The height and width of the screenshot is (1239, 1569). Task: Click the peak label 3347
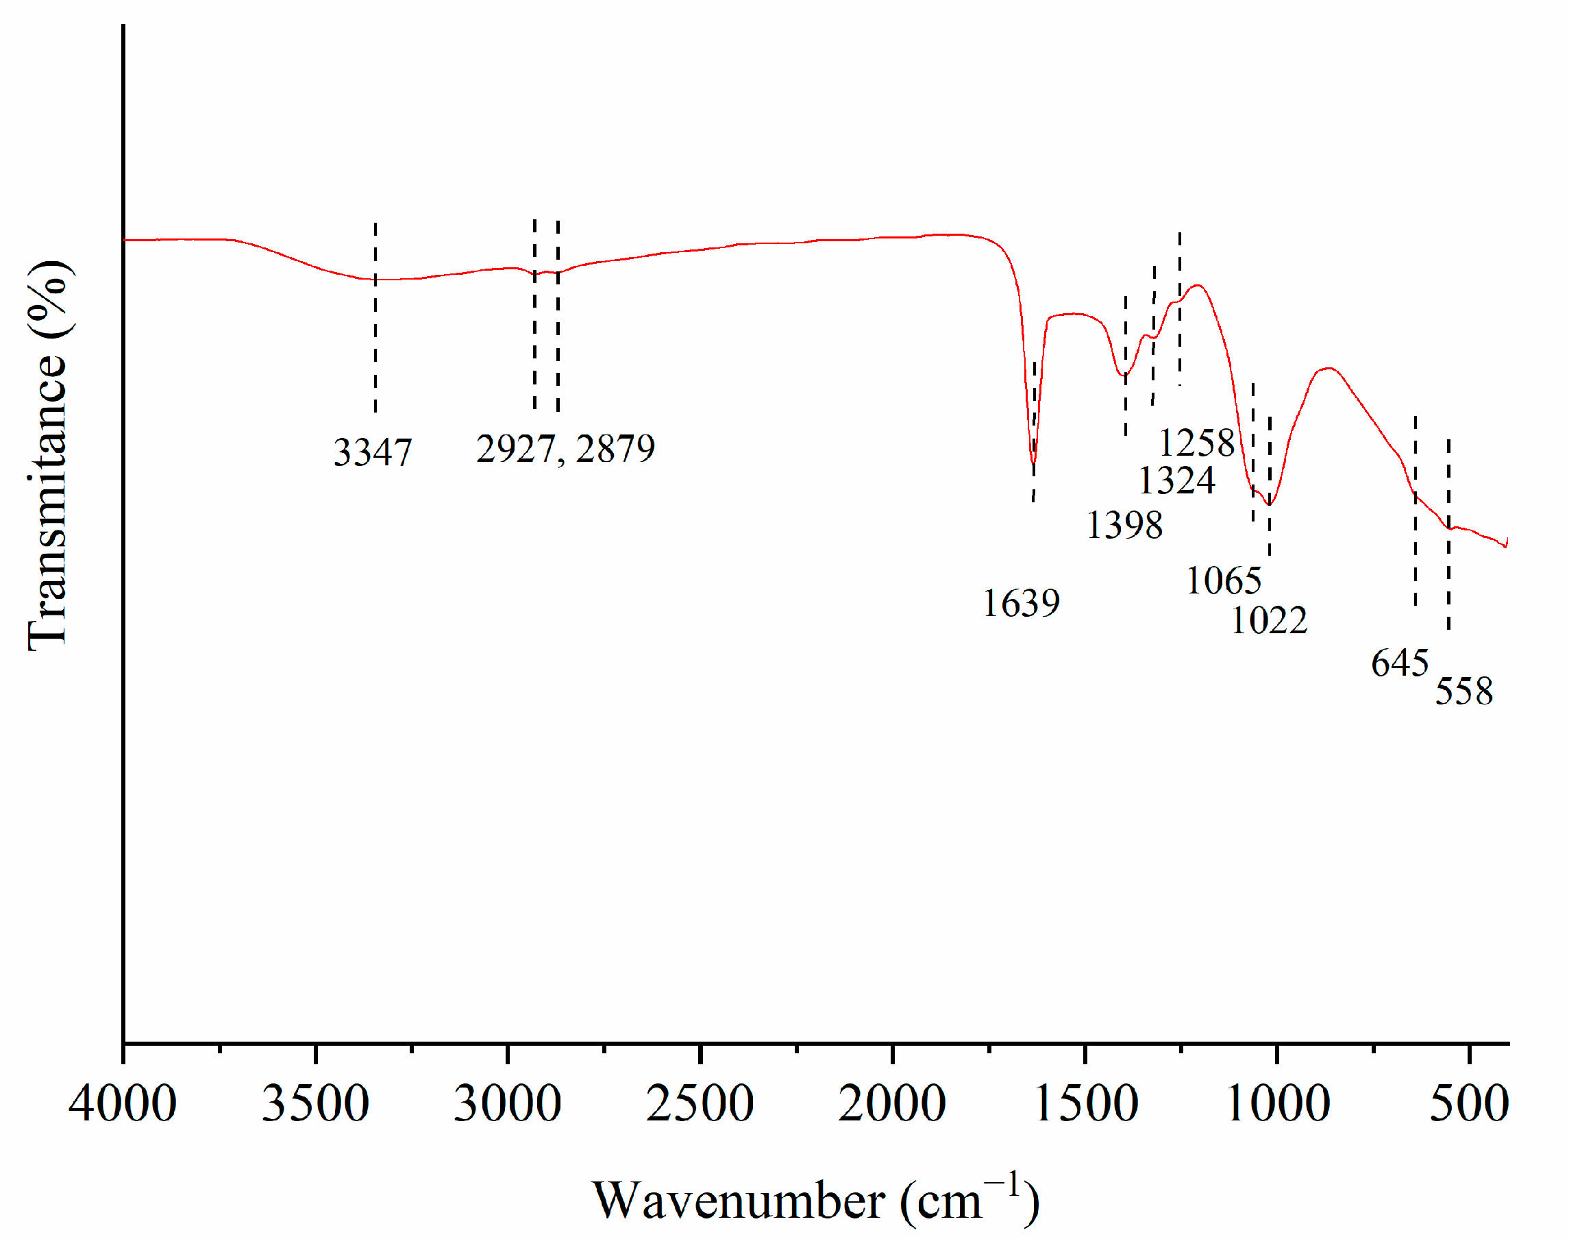(x=372, y=454)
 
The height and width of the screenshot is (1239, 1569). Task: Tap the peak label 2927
(x=515, y=449)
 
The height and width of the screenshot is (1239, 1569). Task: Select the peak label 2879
(x=615, y=449)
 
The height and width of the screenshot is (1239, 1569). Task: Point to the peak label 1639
(x=1021, y=604)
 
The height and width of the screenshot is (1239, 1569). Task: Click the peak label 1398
(x=1124, y=525)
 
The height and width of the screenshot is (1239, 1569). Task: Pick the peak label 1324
(x=1176, y=480)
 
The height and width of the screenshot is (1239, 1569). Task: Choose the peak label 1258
(x=1196, y=443)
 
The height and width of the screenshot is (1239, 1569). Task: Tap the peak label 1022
(x=1269, y=620)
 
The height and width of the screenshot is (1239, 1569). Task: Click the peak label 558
(x=1463, y=691)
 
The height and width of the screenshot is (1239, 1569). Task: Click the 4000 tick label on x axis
(x=123, y=1104)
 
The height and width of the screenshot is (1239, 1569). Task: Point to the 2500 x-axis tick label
(x=700, y=1104)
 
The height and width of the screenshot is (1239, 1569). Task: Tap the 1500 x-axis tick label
(x=1085, y=1104)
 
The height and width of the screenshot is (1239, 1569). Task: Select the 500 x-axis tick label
(x=1469, y=1104)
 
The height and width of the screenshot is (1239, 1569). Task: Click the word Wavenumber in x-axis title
(x=739, y=1201)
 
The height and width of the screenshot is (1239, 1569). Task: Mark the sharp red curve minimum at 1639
(x=1033, y=462)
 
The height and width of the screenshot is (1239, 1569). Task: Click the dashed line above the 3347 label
(x=375, y=319)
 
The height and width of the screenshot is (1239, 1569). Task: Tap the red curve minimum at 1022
(x=1269, y=504)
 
